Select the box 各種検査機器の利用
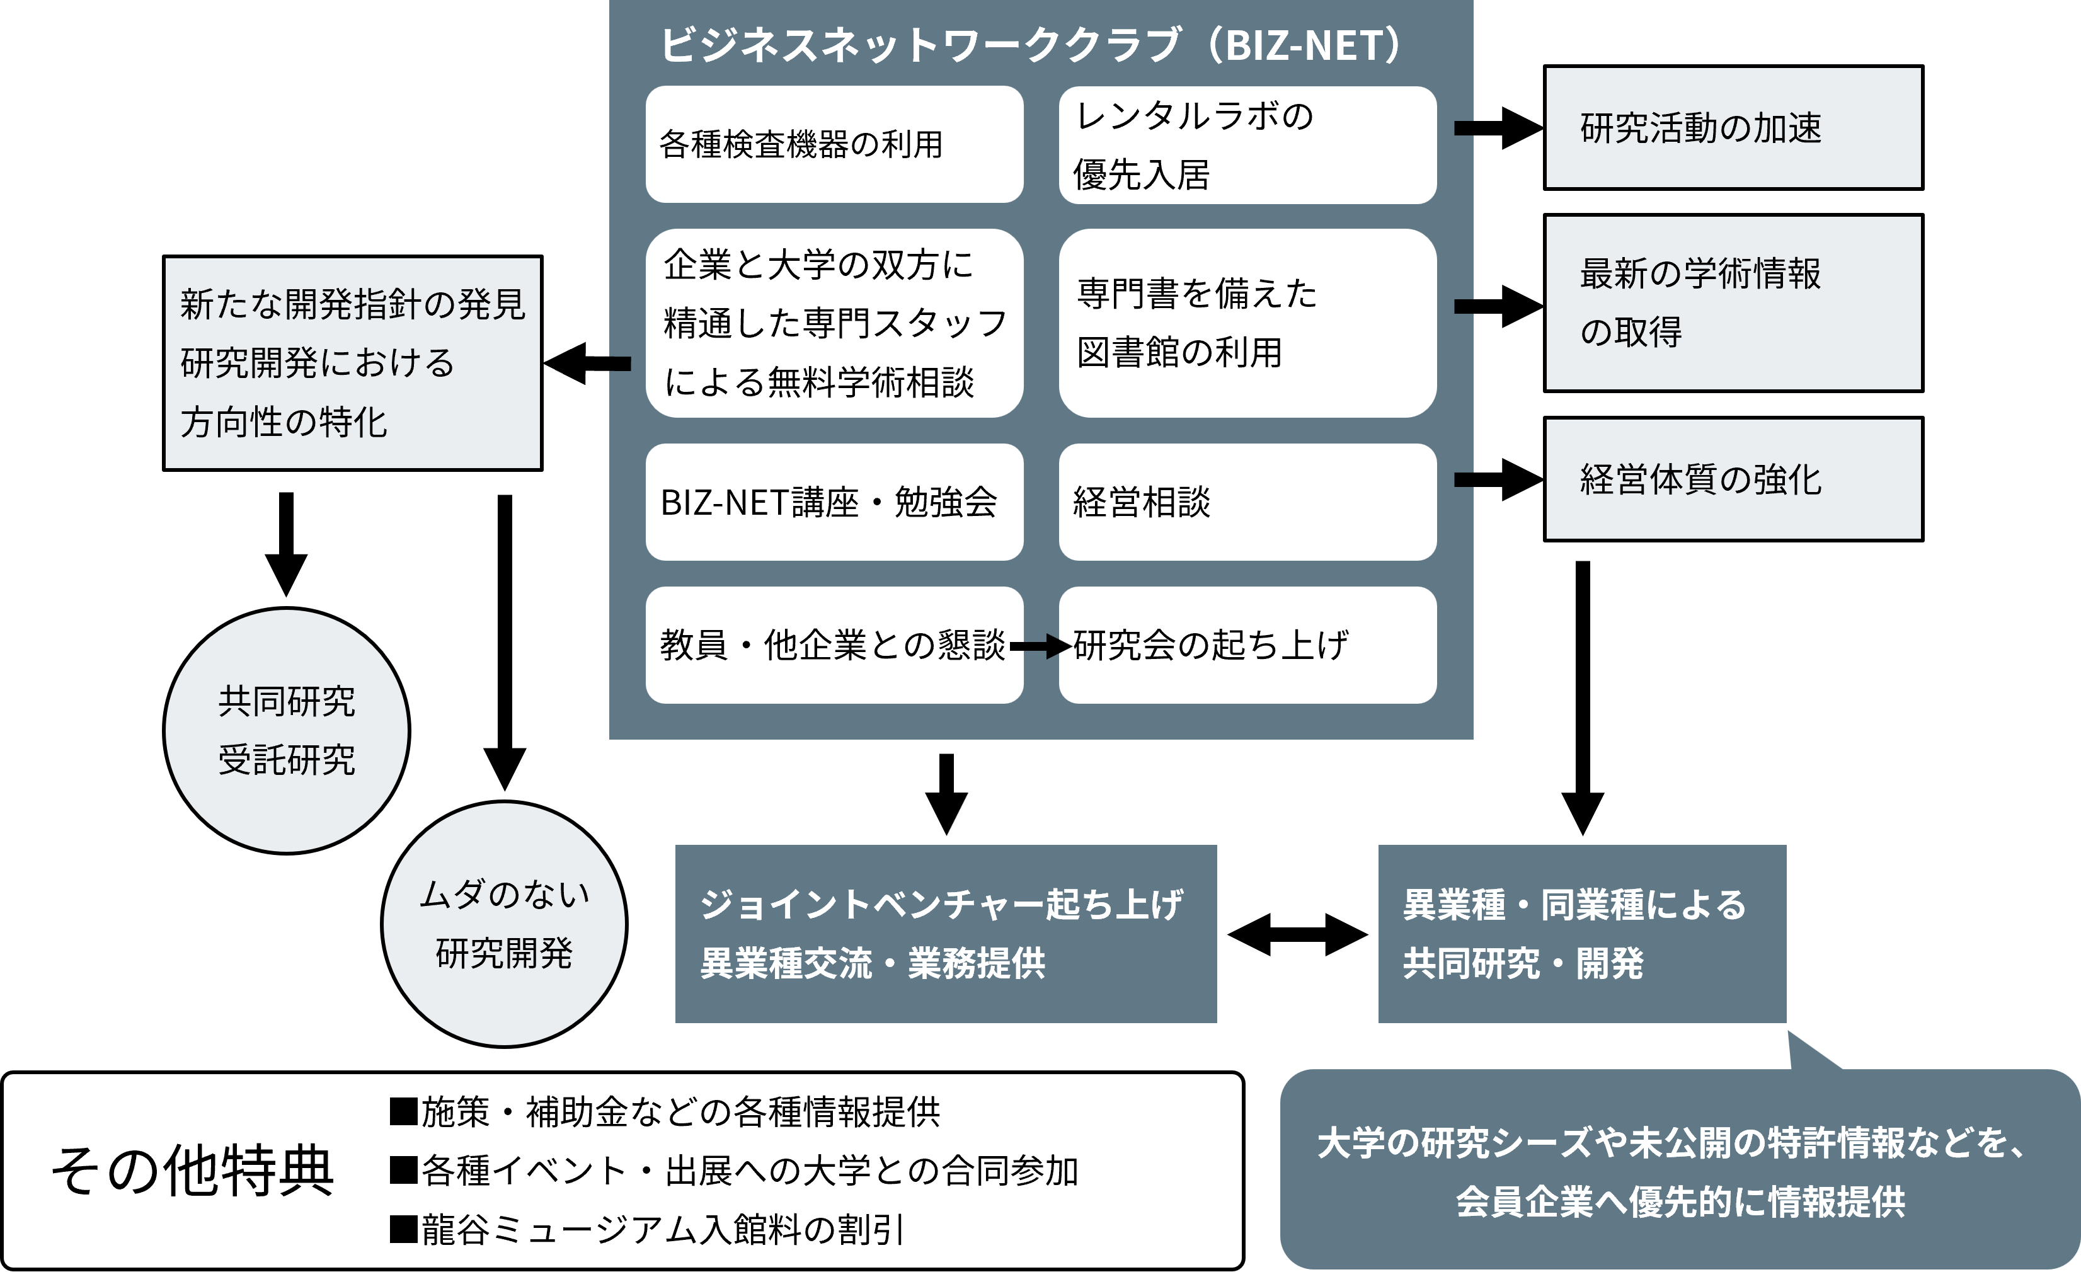point(834,144)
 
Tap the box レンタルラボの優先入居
point(1247,144)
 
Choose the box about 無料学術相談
point(834,323)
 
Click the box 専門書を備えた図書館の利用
point(1247,323)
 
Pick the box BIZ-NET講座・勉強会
point(834,503)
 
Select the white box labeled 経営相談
point(1247,503)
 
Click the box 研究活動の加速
point(1733,127)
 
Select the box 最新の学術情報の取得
point(1733,303)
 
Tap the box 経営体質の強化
point(1733,479)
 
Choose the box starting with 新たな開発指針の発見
point(352,363)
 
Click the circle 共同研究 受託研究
point(286,731)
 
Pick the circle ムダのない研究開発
point(504,924)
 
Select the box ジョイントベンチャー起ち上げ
point(945,933)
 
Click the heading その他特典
point(193,1171)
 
